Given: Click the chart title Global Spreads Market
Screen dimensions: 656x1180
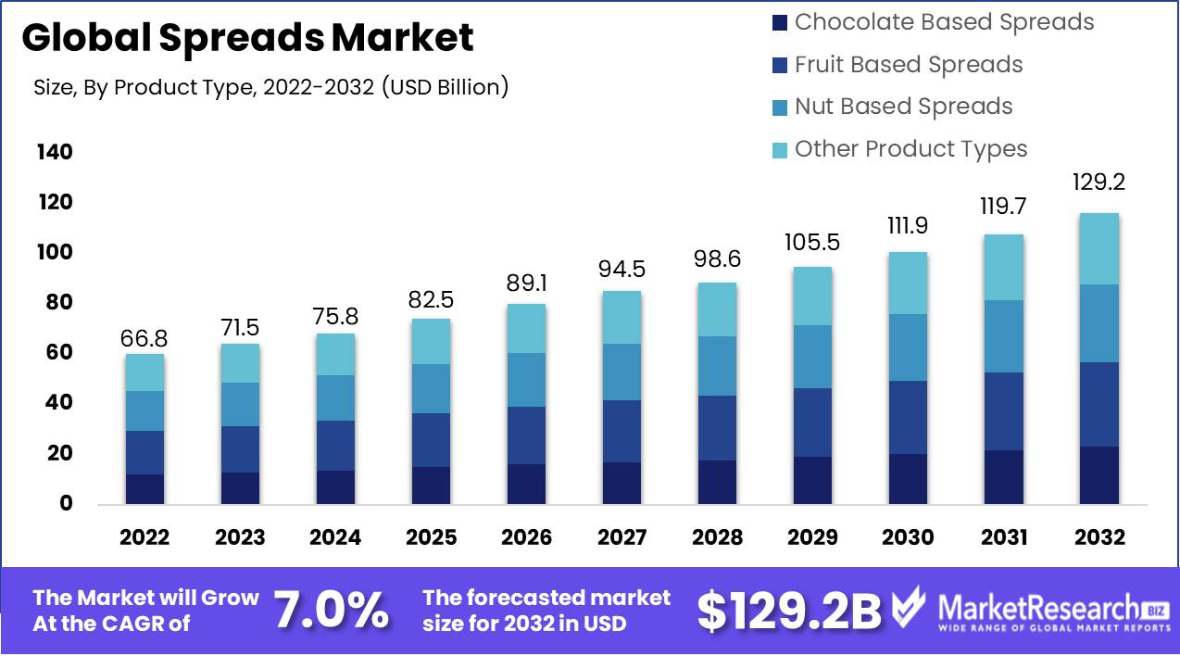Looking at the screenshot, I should [x=247, y=38].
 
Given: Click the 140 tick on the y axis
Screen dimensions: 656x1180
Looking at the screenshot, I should [x=55, y=152].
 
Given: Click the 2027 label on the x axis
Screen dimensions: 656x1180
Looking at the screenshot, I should [x=621, y=537].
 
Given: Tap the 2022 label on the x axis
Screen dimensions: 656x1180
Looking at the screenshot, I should [x=144, y=537].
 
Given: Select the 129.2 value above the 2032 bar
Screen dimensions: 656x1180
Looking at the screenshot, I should [x=1098, y=182].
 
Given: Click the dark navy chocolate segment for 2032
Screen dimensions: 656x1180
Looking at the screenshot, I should [x=1098, y=475].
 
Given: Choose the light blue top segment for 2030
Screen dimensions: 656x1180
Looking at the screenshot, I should [x=908, y=283].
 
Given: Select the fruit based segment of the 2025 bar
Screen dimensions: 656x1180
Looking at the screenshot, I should [x=431, y=440].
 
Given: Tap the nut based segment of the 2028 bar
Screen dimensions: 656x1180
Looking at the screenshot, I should [x=717, y=366].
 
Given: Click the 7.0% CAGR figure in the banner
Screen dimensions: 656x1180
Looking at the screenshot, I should [x=331, y=611].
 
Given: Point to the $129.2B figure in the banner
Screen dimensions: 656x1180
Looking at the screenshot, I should [x=788, y=611].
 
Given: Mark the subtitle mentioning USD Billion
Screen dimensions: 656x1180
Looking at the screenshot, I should [x=270, y=88].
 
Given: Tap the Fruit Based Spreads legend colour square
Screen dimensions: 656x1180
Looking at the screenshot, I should [x=779, y=65].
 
